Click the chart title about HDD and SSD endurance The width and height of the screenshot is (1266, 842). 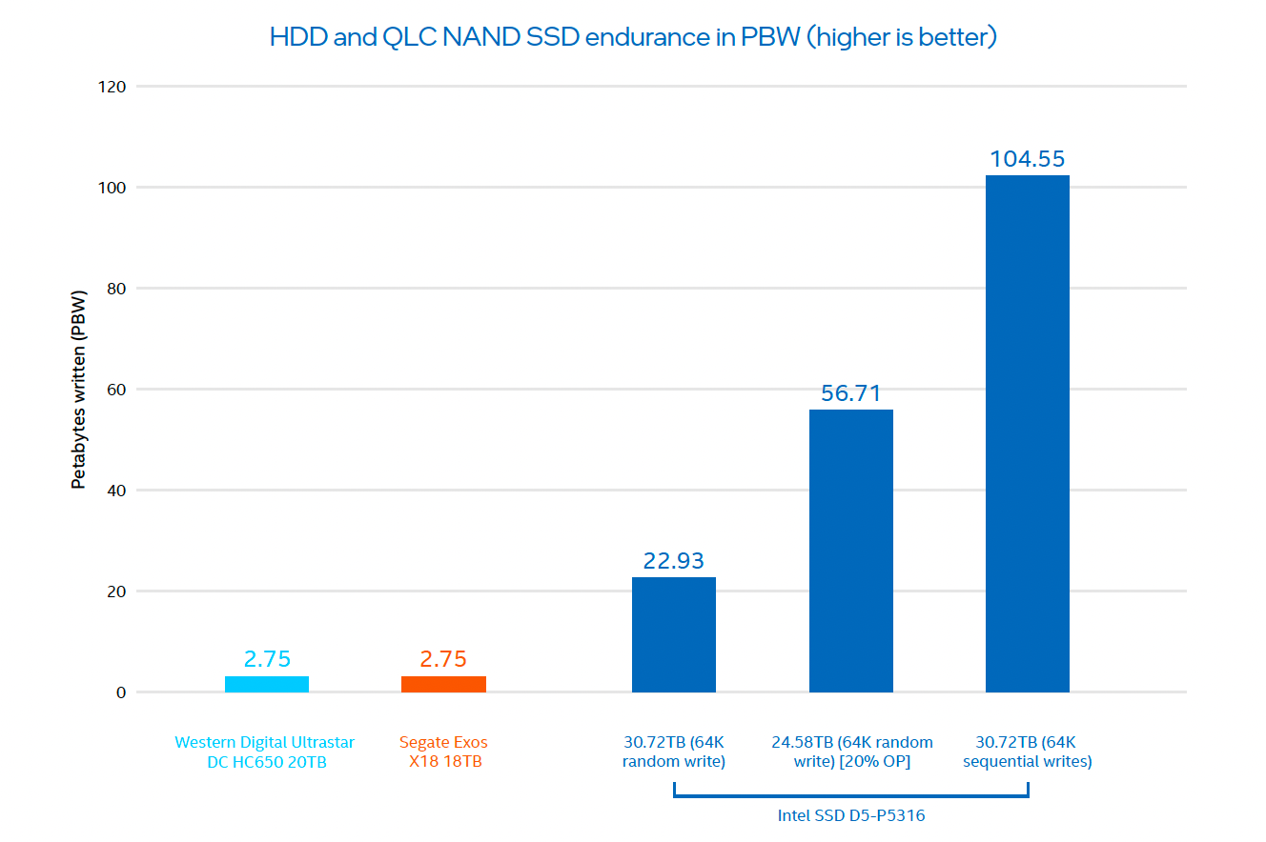(x=633, y=37)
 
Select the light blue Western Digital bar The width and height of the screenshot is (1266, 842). (x=267, y=684)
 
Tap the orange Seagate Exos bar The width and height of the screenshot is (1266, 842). (x=443, y=684)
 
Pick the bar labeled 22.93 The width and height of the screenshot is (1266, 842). (x=673, y=634)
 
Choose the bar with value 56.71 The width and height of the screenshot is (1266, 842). (x=850, y=551)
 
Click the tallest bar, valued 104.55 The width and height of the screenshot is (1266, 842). (x=1027, y=433)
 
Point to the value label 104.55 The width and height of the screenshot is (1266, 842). (x=1027, y=159)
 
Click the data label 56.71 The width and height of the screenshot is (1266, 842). (x=850, y=393)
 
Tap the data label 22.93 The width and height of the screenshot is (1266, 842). (x=673, y=561)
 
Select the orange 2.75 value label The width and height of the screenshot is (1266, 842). (x=443, y=659)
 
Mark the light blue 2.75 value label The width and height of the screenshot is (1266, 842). (x=267, y=659)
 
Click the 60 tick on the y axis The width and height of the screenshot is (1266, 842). (x=116, y=390)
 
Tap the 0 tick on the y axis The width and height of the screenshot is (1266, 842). (x=121, y=692)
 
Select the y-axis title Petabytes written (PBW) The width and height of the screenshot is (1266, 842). (x=79, y=390)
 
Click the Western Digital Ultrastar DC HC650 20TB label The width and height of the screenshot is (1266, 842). (x=265, y=752)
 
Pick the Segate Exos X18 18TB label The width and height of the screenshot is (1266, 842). (x=443, y=752)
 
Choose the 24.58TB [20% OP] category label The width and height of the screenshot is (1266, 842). (x=851, y=752)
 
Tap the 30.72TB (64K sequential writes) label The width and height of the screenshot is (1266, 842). (x=1027, y=752)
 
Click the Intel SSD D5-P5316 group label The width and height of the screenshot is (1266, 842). (x=850, y=816)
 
